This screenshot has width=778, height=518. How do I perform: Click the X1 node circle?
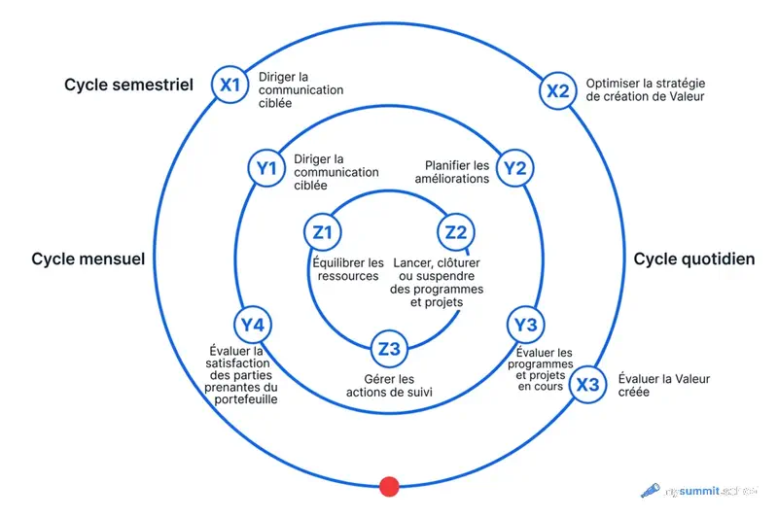coord(230,86)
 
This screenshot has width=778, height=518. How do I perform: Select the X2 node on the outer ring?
coord(557,91)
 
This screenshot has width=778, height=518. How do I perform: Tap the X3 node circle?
coord(587,384)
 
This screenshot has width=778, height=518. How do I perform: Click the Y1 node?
coord(265,168)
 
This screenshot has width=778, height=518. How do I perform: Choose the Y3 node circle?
coord(525,325)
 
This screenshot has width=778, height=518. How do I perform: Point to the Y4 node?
coord(253,325)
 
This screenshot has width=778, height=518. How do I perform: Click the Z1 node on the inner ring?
coord(322,232)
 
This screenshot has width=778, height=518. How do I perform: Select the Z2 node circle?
coord(455,232)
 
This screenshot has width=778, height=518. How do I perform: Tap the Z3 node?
coord(389,348)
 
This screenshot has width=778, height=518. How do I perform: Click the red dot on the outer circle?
coord(389,486)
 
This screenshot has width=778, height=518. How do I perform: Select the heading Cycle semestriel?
coord(129,85)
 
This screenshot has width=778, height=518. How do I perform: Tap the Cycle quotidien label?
coord(694,259)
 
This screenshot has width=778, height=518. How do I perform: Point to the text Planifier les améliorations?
coord(457,172)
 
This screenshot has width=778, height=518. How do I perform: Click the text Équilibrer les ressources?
coord(348,269)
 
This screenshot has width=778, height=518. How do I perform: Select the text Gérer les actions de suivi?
coord(389,386)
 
